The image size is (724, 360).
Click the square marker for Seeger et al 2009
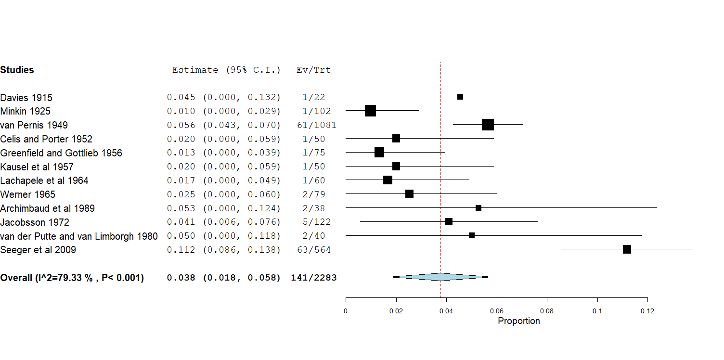[627, 249]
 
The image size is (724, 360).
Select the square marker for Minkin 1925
[370, 111]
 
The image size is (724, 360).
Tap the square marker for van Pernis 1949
[488, 125]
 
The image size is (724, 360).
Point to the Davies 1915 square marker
[460, 97]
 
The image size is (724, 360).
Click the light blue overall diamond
[440, 277]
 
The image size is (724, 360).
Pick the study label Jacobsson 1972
[35, 222]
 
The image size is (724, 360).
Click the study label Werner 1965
[28, 194]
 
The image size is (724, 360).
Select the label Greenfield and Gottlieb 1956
[61, 153]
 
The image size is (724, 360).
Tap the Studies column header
[17, 70]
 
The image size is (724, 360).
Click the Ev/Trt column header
[314, 70]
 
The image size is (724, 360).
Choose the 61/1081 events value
[317, 125]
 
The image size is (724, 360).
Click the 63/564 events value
[314, 250]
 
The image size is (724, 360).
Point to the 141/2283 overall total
[314, 278]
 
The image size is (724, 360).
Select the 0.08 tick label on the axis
[547, 311]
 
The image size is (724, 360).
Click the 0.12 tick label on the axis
[647, 311]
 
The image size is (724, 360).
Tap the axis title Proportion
[519, 321]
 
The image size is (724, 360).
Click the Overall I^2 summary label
[72, 278]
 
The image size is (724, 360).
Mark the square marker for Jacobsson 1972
[449, 222]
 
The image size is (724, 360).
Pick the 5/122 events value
[314, 222]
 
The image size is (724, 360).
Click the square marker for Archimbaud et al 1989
[478, 208]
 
